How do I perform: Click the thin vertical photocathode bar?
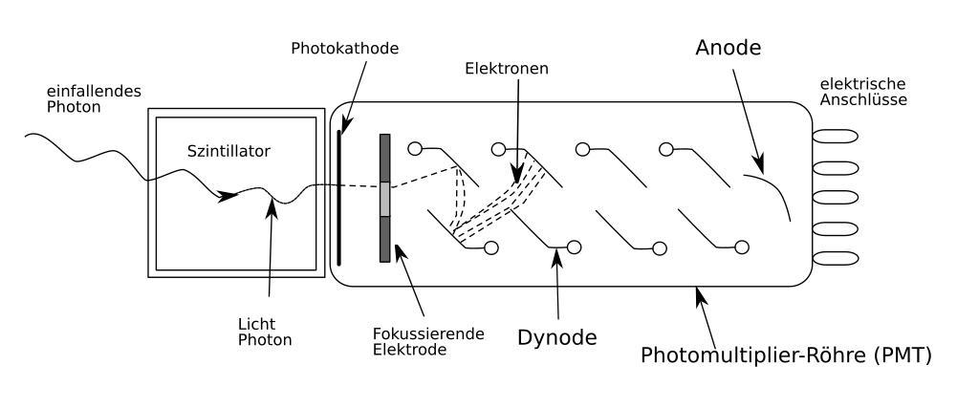tap(338, 196)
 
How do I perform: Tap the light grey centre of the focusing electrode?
tap(385, 198)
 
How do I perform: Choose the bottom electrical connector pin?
tap(832, 259)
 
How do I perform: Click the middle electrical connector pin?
tap(832, 198)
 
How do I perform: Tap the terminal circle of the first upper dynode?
tap(414, 148)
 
